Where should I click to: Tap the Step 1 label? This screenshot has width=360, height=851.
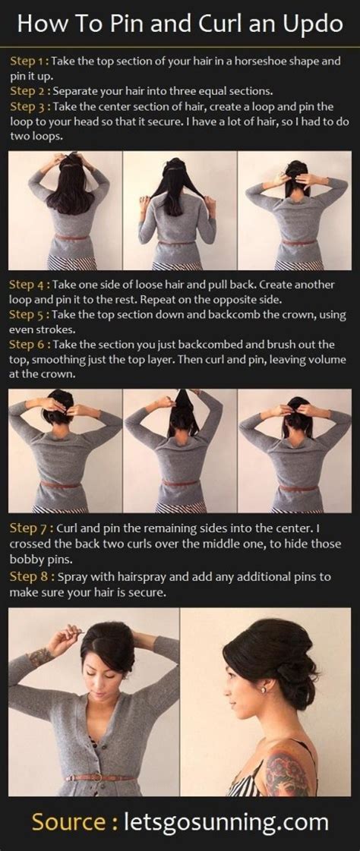tap(28, 61)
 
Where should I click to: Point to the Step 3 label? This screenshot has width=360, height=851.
tap(28, 107)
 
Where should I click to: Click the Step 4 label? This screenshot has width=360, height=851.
tap(28, 285)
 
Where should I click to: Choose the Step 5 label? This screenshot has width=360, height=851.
tap(28, 315)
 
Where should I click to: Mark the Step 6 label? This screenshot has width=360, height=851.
tap(28, 345)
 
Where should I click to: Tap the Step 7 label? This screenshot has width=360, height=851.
tap(28, 528)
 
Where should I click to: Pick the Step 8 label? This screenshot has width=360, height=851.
tap(28, 577)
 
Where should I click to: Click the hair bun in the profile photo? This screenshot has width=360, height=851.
tap(292, 672)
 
